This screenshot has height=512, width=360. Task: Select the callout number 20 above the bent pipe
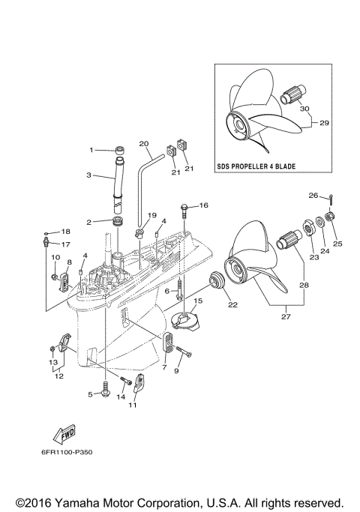tap(144, 143)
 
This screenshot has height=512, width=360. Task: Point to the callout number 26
tap(313, 196)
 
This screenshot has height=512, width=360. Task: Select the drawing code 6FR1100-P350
tap(63, 452)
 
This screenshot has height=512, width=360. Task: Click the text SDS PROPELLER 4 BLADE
tap(266, 166)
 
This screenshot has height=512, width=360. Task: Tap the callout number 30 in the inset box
tap(304, 108)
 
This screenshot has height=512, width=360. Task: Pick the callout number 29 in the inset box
tap(324, 121)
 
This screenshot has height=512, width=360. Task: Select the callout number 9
tap(178, 370)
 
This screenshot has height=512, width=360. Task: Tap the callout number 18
tap(64, 232)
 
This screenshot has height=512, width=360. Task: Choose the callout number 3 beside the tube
tap(88, 175)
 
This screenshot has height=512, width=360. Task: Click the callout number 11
tap(133, 406)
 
